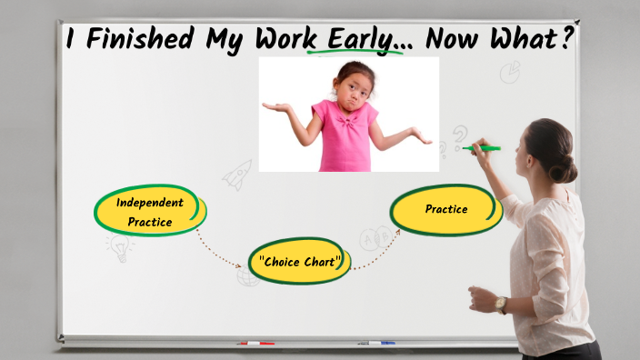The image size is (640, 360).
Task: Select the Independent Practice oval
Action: point(151,211)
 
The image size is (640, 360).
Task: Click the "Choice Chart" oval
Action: point(299,262)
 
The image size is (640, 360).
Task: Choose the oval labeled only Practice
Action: point(445,209)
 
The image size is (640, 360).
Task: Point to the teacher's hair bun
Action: point(571,168)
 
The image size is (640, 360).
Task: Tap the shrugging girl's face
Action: point(352,87)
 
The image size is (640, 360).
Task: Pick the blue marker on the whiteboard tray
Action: point(376,344)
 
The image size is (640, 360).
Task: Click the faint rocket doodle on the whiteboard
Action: point(238,173)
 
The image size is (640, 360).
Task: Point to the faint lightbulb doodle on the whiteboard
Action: point(118,247)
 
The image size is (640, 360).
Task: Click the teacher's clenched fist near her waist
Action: point(479,298)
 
